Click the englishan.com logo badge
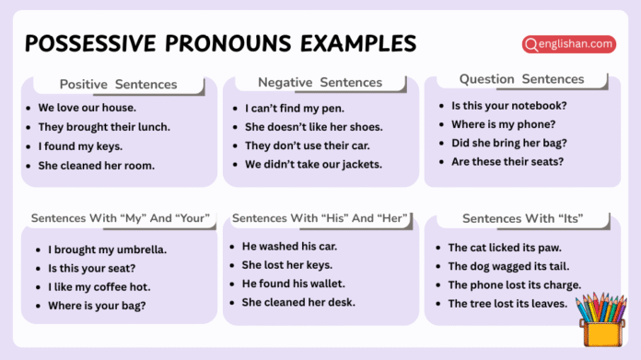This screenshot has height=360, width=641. click(x=567, y=43)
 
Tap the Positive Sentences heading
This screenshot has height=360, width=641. click(x=118, y=84)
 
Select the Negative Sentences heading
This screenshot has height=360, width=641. click(x=319, y=82)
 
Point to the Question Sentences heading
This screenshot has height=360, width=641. click(x=521, y=79)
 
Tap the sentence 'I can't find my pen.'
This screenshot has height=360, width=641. click(x=289, y=108)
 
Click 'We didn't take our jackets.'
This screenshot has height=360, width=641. click(x=313, y=165)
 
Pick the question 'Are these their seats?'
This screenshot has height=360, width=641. click(x=507, y=162)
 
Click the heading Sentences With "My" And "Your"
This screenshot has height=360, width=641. click(x=121, y=218)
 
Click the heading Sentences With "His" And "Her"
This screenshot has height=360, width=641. click(x=320, y=218)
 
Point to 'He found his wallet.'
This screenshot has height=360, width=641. click(x=293, y=284)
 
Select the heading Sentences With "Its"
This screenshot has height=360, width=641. click(x=522, y=218)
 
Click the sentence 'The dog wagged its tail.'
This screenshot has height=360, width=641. click(x=509, y=266)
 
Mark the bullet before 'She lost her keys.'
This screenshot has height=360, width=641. click(x=232, y=265)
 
